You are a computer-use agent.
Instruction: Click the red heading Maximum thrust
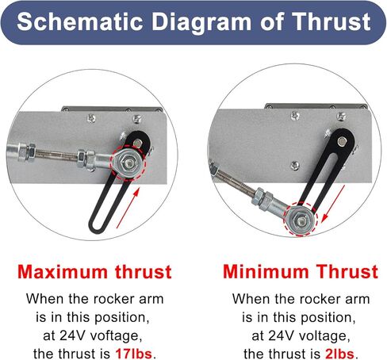click(94, 272)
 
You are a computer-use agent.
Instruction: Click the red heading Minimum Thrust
click(301, 272)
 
